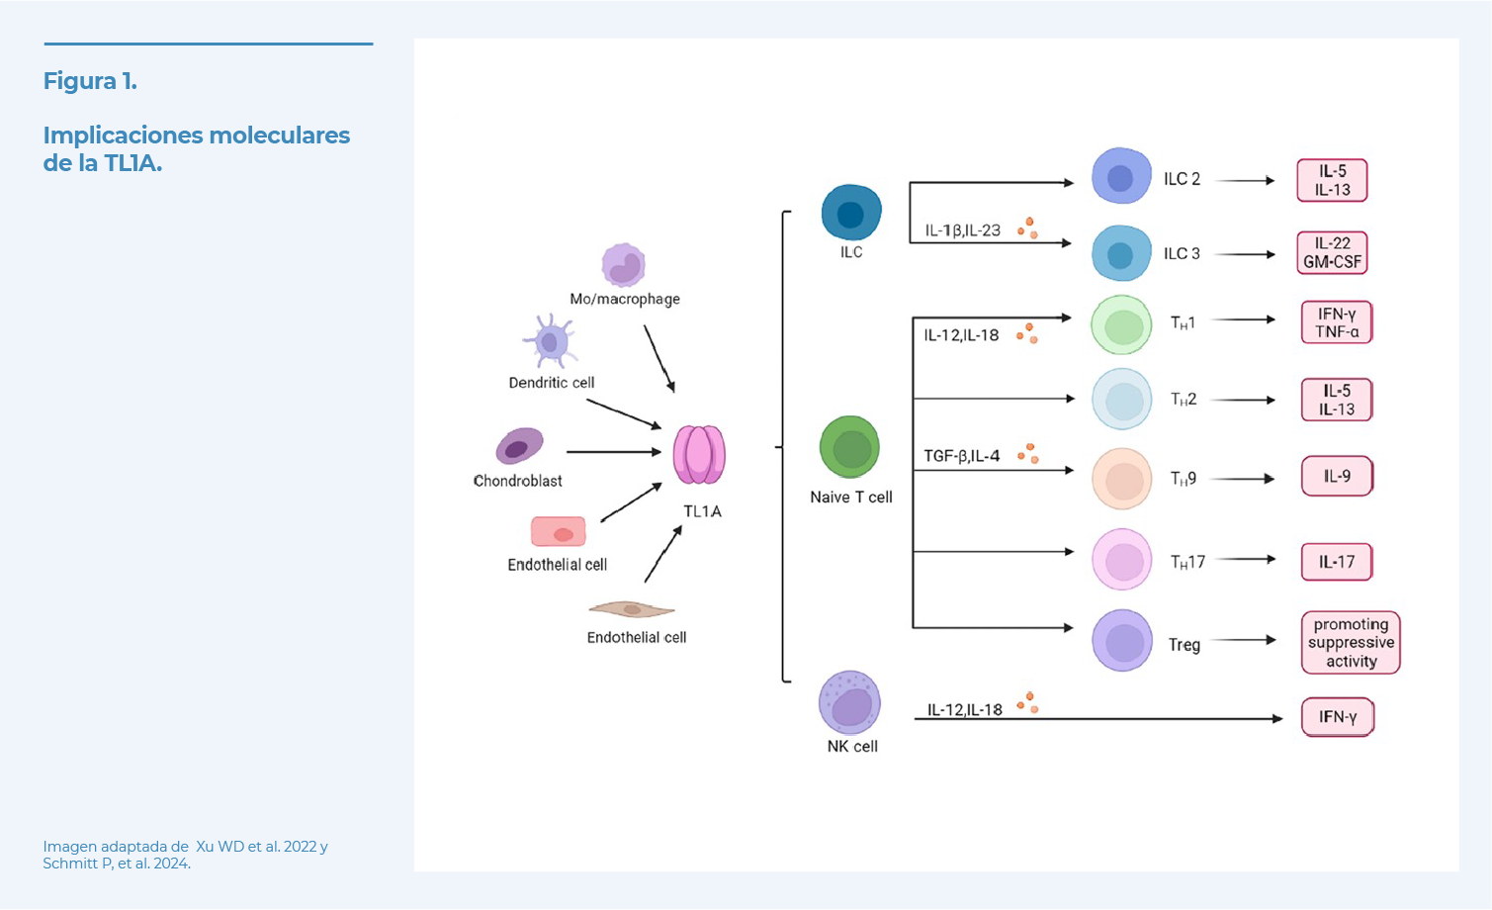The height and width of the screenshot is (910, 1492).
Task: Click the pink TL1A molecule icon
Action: point(699,454)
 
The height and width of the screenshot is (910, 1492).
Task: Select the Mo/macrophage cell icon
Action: point(623,265)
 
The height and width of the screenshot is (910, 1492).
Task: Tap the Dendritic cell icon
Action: point(550,342)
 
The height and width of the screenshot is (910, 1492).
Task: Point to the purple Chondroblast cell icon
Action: point(519,446)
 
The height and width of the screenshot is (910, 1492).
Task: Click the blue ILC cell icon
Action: point(850,213)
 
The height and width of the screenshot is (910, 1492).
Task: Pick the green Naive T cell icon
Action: point(849,448)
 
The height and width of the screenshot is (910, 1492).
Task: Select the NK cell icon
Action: point(849,703)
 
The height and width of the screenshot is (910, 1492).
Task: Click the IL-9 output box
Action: point(1337,477)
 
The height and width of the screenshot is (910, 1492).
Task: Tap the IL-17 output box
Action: point(1337,562)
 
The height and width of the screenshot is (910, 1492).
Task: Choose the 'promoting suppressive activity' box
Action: point(1351,643)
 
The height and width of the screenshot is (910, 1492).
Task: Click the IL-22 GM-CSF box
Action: point(1332,253)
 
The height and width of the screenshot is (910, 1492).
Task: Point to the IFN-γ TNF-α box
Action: point(1337,322)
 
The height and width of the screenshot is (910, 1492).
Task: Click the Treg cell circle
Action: point(1121,641)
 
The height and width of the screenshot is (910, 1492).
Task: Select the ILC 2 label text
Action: point(1182,179)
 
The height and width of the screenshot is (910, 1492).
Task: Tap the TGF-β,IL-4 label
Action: point(961,456)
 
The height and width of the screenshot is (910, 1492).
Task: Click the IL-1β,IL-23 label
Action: point(962,230)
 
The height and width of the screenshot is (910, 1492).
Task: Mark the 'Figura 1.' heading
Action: point(90,81)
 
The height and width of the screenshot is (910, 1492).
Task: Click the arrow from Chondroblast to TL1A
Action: point(613,452)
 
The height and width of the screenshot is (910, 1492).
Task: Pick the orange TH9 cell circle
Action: point(1121,479)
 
